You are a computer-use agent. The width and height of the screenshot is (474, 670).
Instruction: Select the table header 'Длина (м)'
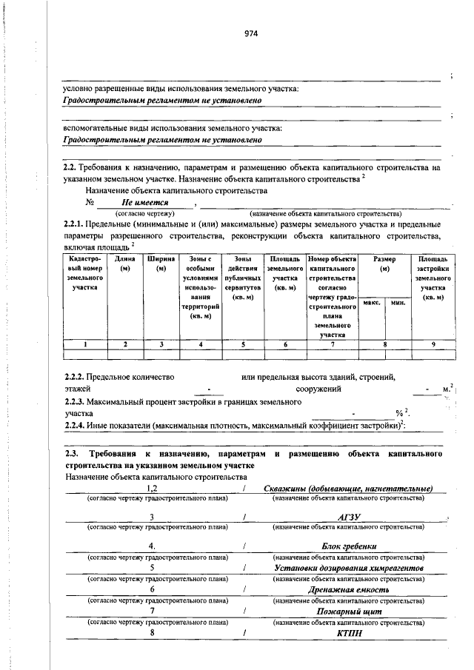[124, 264]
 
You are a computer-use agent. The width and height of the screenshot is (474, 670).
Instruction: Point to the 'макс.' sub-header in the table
[372, 303]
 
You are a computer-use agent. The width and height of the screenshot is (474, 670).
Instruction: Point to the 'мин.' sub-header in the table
[398, 303]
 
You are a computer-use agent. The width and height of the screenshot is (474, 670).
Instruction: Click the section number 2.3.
[72, 453]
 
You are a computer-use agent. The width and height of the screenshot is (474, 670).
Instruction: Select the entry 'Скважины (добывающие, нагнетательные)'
[347, 489]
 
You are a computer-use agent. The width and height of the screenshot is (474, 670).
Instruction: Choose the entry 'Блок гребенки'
[347, 546]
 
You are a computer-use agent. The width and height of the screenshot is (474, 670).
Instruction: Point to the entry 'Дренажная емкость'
[347, 589]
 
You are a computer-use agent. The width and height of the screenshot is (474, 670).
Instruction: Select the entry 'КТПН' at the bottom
[347, 633]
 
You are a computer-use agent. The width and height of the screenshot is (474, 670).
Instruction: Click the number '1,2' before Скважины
[152, 489]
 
